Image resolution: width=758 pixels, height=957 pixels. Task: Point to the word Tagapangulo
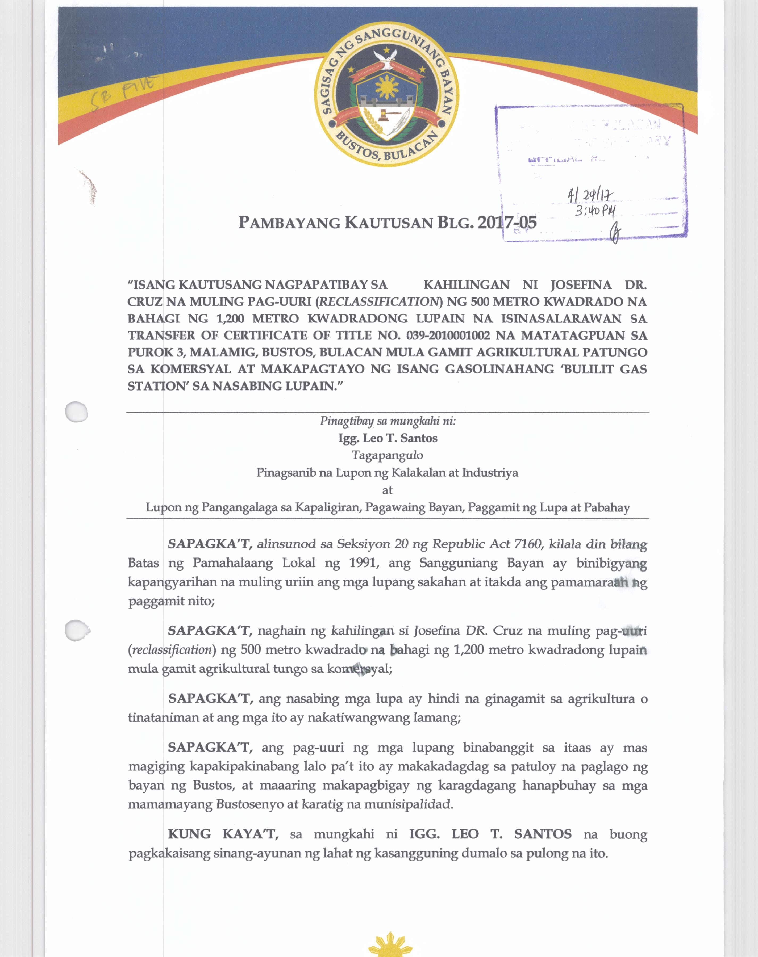388,455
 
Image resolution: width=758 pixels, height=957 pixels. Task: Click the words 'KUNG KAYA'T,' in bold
223,834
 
